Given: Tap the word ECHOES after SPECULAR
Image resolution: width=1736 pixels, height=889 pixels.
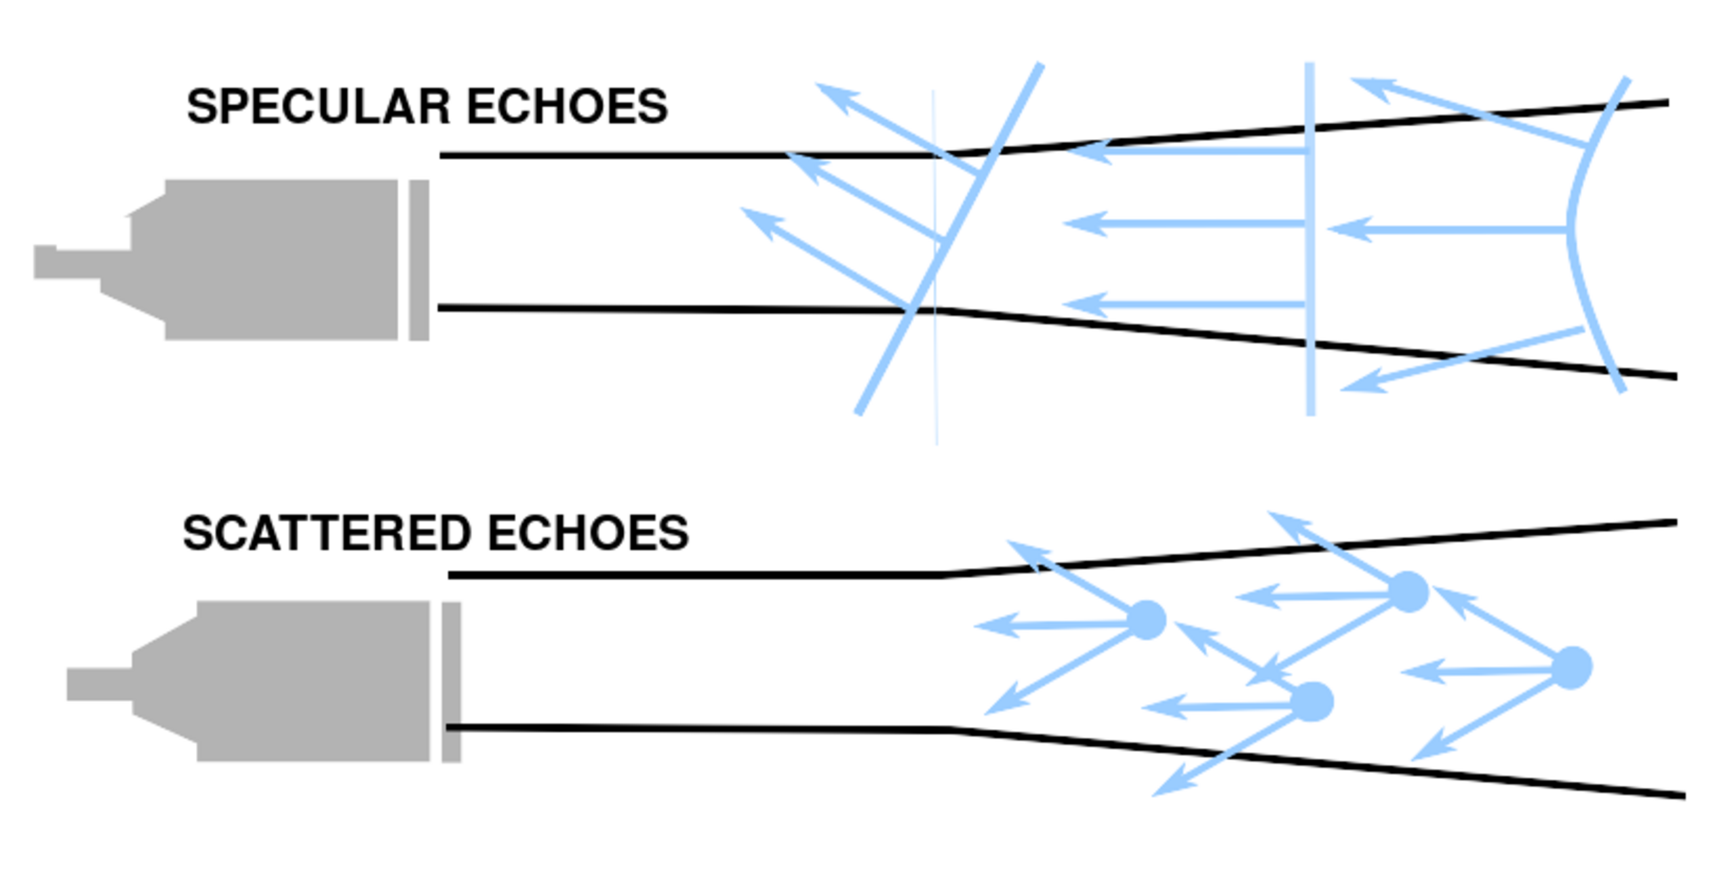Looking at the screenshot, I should click(567, 107).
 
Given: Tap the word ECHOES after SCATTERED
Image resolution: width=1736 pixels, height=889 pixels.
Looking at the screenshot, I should click(587, 533).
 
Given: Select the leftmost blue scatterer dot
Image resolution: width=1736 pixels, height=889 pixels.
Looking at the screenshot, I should click(1146, 620).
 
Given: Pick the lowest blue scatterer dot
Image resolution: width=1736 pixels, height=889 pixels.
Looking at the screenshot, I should click(1313, 702).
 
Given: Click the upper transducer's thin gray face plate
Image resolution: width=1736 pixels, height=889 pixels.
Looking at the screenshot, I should click(419, 260).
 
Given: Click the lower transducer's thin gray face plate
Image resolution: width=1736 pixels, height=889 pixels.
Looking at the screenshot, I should click(451, 682).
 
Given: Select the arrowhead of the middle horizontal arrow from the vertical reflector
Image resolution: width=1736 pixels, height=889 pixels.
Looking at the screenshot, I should click(1085, 224).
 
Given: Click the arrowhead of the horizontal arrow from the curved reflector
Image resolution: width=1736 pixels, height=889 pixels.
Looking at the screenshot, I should click(1349, 229).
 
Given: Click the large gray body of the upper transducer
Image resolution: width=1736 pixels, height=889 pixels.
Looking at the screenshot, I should click(271, 260).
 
